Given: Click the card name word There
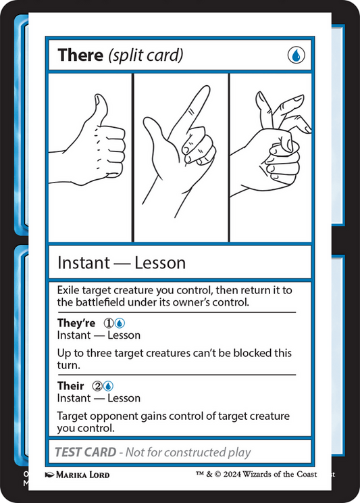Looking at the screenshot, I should click(x=80, y=55).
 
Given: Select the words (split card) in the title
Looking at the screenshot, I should click(x=145, y=55).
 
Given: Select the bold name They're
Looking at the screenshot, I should click(x=76, y=323).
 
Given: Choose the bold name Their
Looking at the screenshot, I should click(x=71, y=386).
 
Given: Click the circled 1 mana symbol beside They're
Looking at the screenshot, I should click(x=107, y=323).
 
